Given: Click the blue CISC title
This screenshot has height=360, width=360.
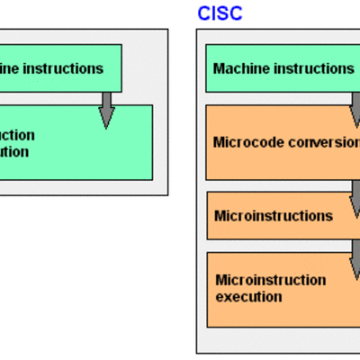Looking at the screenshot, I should tap(220, 13).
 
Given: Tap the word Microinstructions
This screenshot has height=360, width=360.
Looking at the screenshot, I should tap(273, 216).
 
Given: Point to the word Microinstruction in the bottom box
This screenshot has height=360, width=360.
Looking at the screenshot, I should tap(269, 280).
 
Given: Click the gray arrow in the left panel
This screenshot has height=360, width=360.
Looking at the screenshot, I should tap(107, 109).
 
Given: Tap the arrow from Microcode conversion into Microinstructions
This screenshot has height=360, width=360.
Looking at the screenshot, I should tap(355, 188).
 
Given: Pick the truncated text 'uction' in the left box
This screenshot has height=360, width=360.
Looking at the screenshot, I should tap(17, 135).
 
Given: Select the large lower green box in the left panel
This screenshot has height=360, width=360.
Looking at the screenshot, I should tap(76, 144).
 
